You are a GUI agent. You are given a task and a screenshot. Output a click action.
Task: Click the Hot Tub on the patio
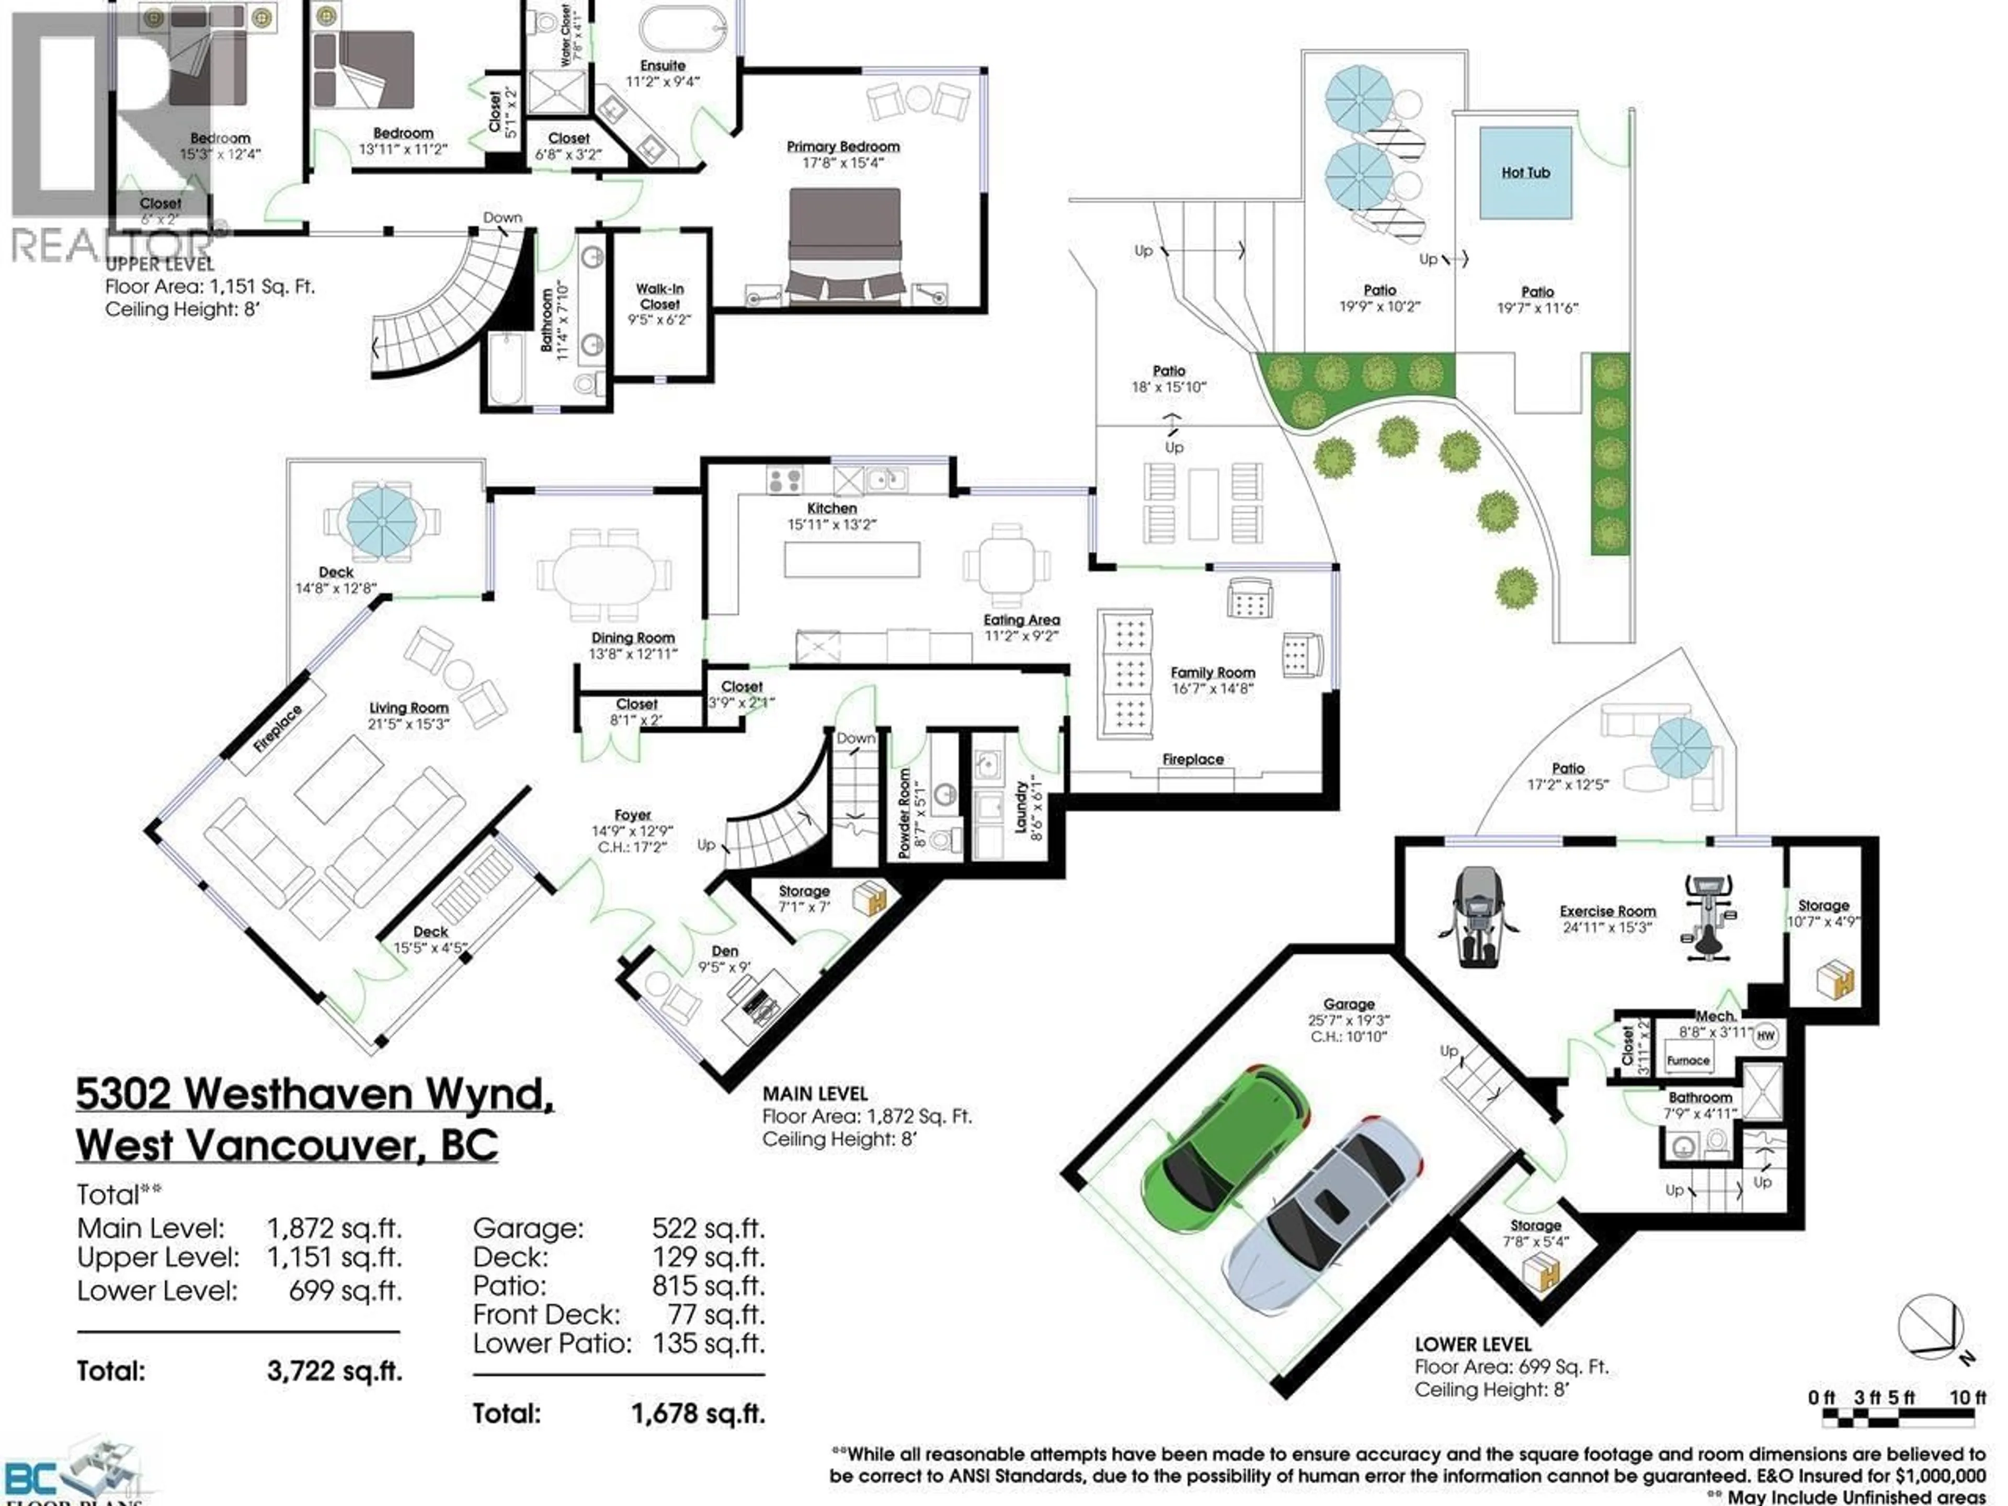click(x=1525, y=173)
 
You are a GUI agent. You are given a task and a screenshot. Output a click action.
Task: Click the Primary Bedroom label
click(x=842, y=146)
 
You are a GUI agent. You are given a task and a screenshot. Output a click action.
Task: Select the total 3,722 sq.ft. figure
click(x=334, y=1371)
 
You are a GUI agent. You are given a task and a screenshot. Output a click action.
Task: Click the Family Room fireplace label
click(x=1193, y=759)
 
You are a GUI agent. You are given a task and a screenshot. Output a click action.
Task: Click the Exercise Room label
click(x=1607, y=910)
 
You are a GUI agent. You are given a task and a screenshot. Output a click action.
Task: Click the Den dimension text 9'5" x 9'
click(x=724, y=968)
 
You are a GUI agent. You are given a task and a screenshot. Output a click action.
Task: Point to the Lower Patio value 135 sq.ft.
click(x=708, y=1343)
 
